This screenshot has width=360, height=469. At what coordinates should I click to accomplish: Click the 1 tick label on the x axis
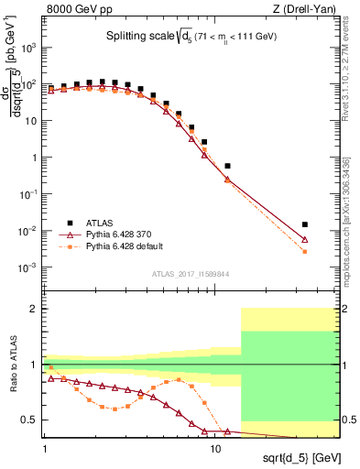[45, 450]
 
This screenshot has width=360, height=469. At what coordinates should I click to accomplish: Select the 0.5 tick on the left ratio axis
[34, 420]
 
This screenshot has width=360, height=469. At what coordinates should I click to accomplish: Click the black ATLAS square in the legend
[70, 222]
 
